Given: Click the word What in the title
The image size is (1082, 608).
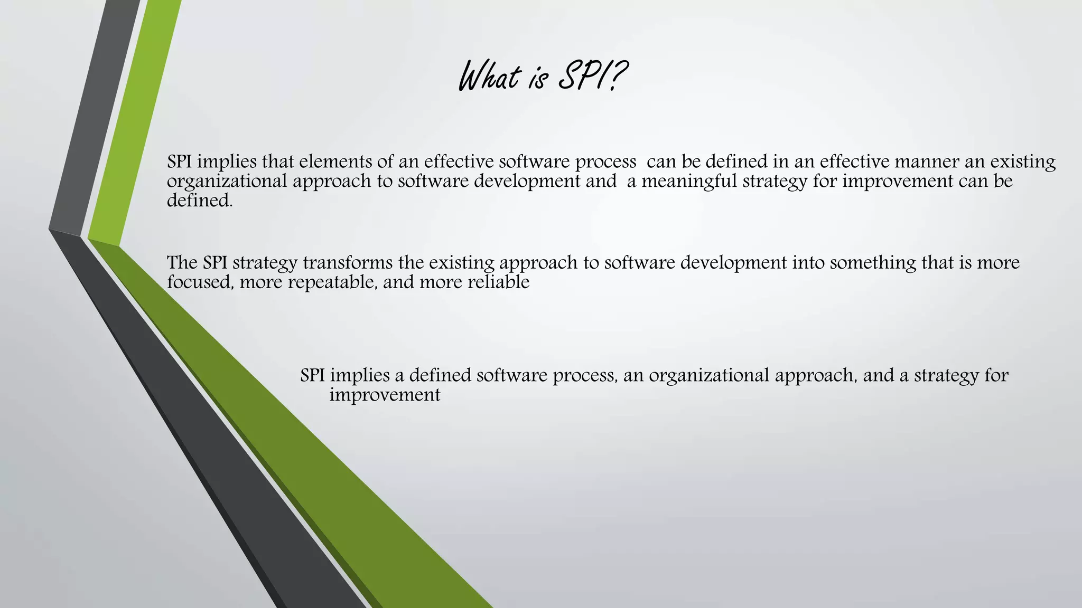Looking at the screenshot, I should point(489,77).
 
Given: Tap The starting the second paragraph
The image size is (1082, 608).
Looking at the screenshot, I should point(182,262).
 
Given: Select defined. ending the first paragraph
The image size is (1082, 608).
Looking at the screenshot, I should point(200,201).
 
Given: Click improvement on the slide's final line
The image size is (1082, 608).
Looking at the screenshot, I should point(385,395).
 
